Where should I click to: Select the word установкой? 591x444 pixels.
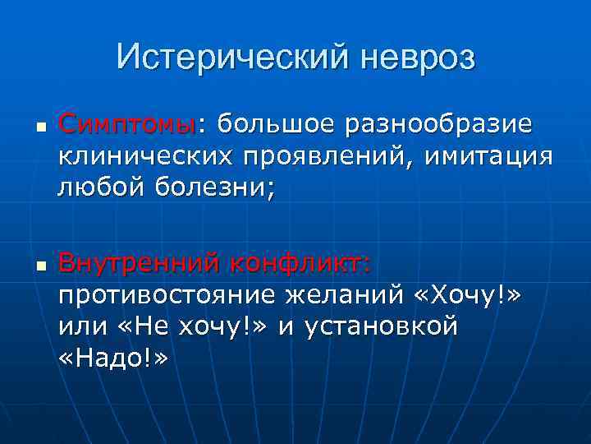(x=392, y=327)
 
